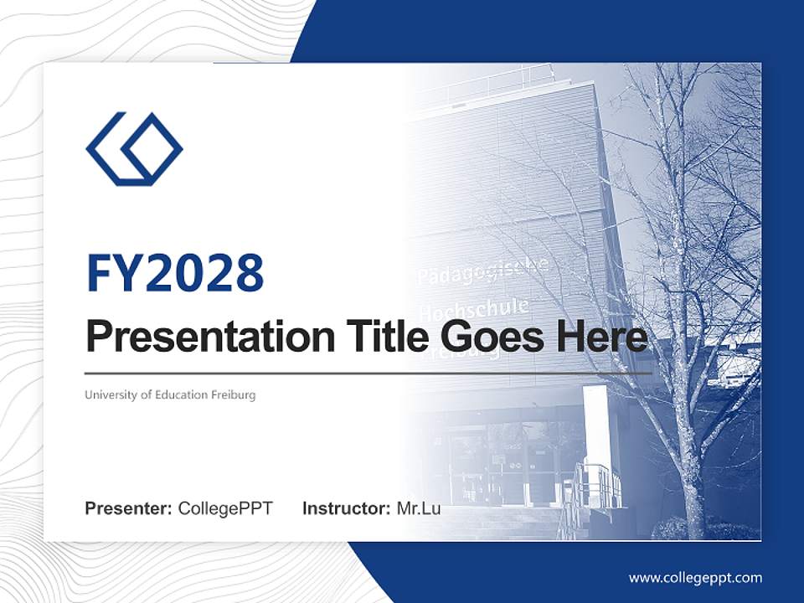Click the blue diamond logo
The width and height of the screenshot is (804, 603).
(x=134, y=149)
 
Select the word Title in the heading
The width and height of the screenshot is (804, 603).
(x=381, y=338)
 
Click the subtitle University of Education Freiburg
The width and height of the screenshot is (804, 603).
(x=170, y=394)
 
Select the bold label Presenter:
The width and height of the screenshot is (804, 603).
(x=129, y=508)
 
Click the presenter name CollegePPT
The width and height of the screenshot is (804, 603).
(x=225, y=508)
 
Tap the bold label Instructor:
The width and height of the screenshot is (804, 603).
(x=346, y=508)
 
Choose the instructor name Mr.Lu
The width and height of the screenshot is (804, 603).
(x=419, y=508)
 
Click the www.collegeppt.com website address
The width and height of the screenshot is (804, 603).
(x=695, y=578)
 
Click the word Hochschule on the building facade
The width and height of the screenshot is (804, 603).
(x=473, y=309)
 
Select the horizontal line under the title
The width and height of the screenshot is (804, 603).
(x=368, y=373)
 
